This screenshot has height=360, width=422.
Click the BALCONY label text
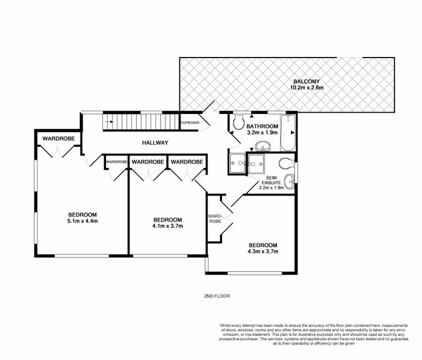306,81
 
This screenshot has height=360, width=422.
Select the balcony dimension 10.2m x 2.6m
306,88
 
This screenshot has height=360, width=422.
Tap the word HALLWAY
155,143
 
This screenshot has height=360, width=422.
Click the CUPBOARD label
190,122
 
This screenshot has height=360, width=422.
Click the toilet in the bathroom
237,122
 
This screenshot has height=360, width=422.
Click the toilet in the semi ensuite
285,161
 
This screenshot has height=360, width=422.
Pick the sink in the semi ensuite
290,179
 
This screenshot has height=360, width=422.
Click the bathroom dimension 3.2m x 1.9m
262,133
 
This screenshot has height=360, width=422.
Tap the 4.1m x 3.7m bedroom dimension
167,226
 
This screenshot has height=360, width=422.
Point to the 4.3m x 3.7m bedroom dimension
263,253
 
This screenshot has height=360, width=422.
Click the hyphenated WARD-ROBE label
215,218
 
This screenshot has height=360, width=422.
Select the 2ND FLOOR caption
217,296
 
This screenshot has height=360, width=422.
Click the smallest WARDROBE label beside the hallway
116,162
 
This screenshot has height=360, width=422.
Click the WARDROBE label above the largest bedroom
58,139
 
